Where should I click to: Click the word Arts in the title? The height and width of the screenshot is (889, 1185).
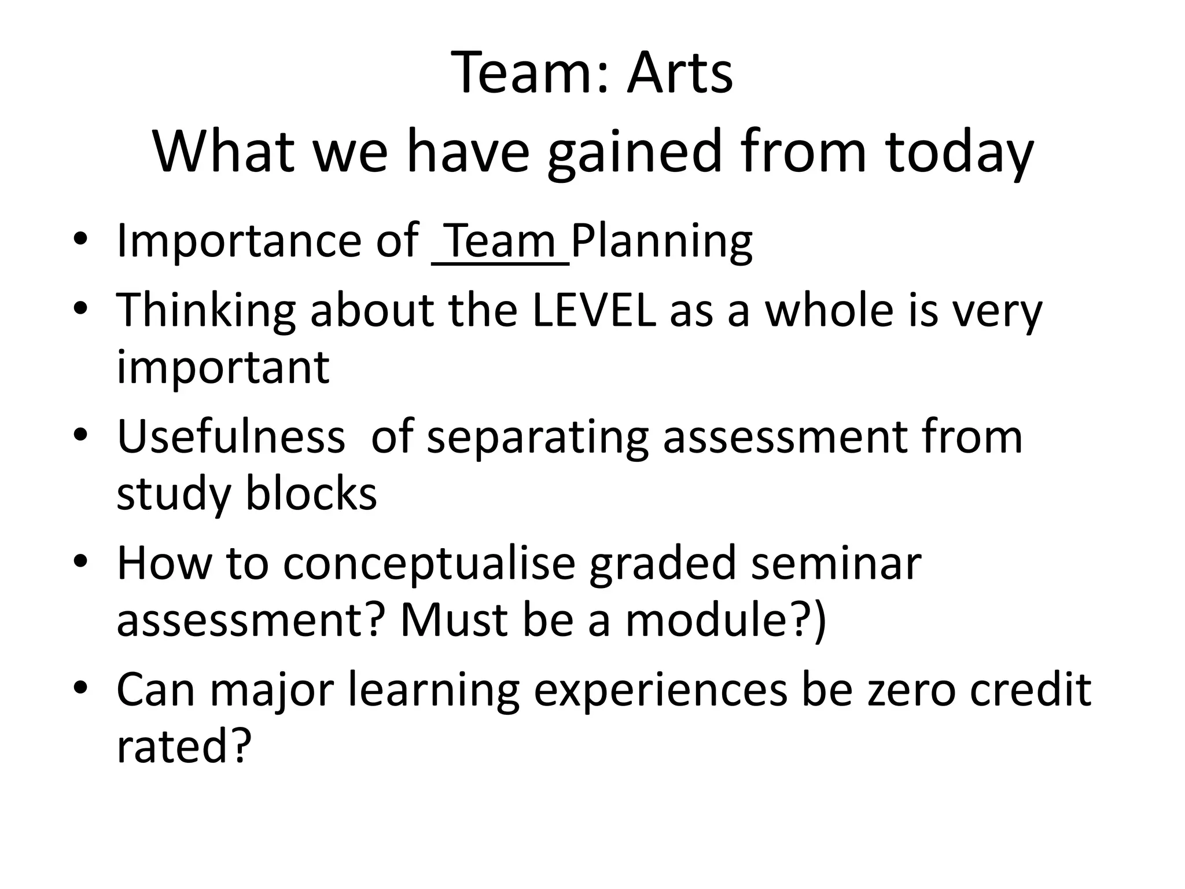click(x=680, y=74)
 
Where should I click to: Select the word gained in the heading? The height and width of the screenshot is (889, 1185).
click(x=635, y=152)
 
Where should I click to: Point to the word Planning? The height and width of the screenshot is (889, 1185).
click(x=661, y=242)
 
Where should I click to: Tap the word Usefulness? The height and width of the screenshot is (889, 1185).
click(x=231, y=436)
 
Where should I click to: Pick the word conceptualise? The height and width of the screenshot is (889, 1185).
click(x=429, y=563)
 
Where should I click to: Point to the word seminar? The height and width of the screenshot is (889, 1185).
click(x=836, y=563)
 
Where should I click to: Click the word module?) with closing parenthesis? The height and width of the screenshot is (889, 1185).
click(x=726, y=620)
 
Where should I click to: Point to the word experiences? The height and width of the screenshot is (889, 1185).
click(x=660, y=690)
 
